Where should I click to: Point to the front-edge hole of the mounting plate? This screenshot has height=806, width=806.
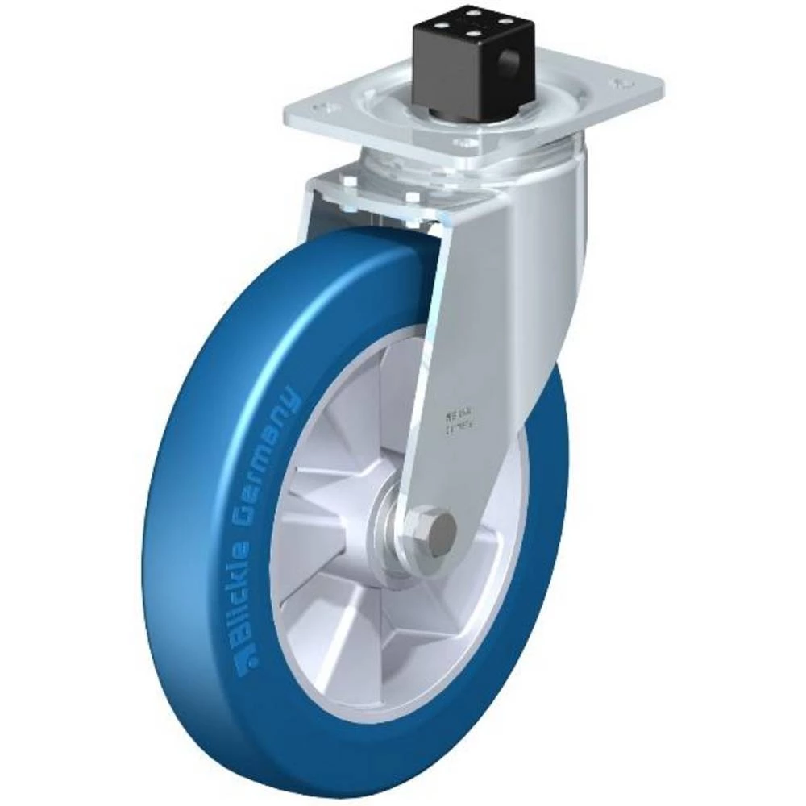(x=464, y=143)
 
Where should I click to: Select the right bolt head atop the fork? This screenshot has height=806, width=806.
(x=413, y=198)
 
